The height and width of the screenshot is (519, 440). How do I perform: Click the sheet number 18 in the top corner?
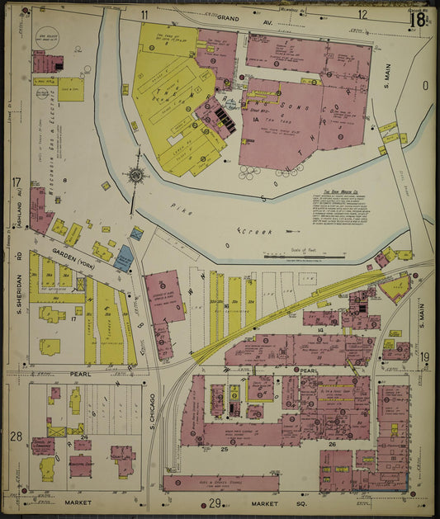pos(417,17)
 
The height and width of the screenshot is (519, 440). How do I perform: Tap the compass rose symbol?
pos(133,175)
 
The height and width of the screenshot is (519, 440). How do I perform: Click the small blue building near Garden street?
pos(124,258)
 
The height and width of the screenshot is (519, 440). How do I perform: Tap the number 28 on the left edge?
pos(16,436)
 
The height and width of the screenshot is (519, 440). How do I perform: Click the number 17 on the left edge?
pos(16,182)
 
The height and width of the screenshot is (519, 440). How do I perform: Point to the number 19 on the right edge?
pos(424,356)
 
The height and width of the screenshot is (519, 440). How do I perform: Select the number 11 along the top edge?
pos(144,15)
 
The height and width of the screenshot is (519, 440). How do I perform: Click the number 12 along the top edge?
pos(362,15)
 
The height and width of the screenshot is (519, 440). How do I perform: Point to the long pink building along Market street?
pos(220,482)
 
